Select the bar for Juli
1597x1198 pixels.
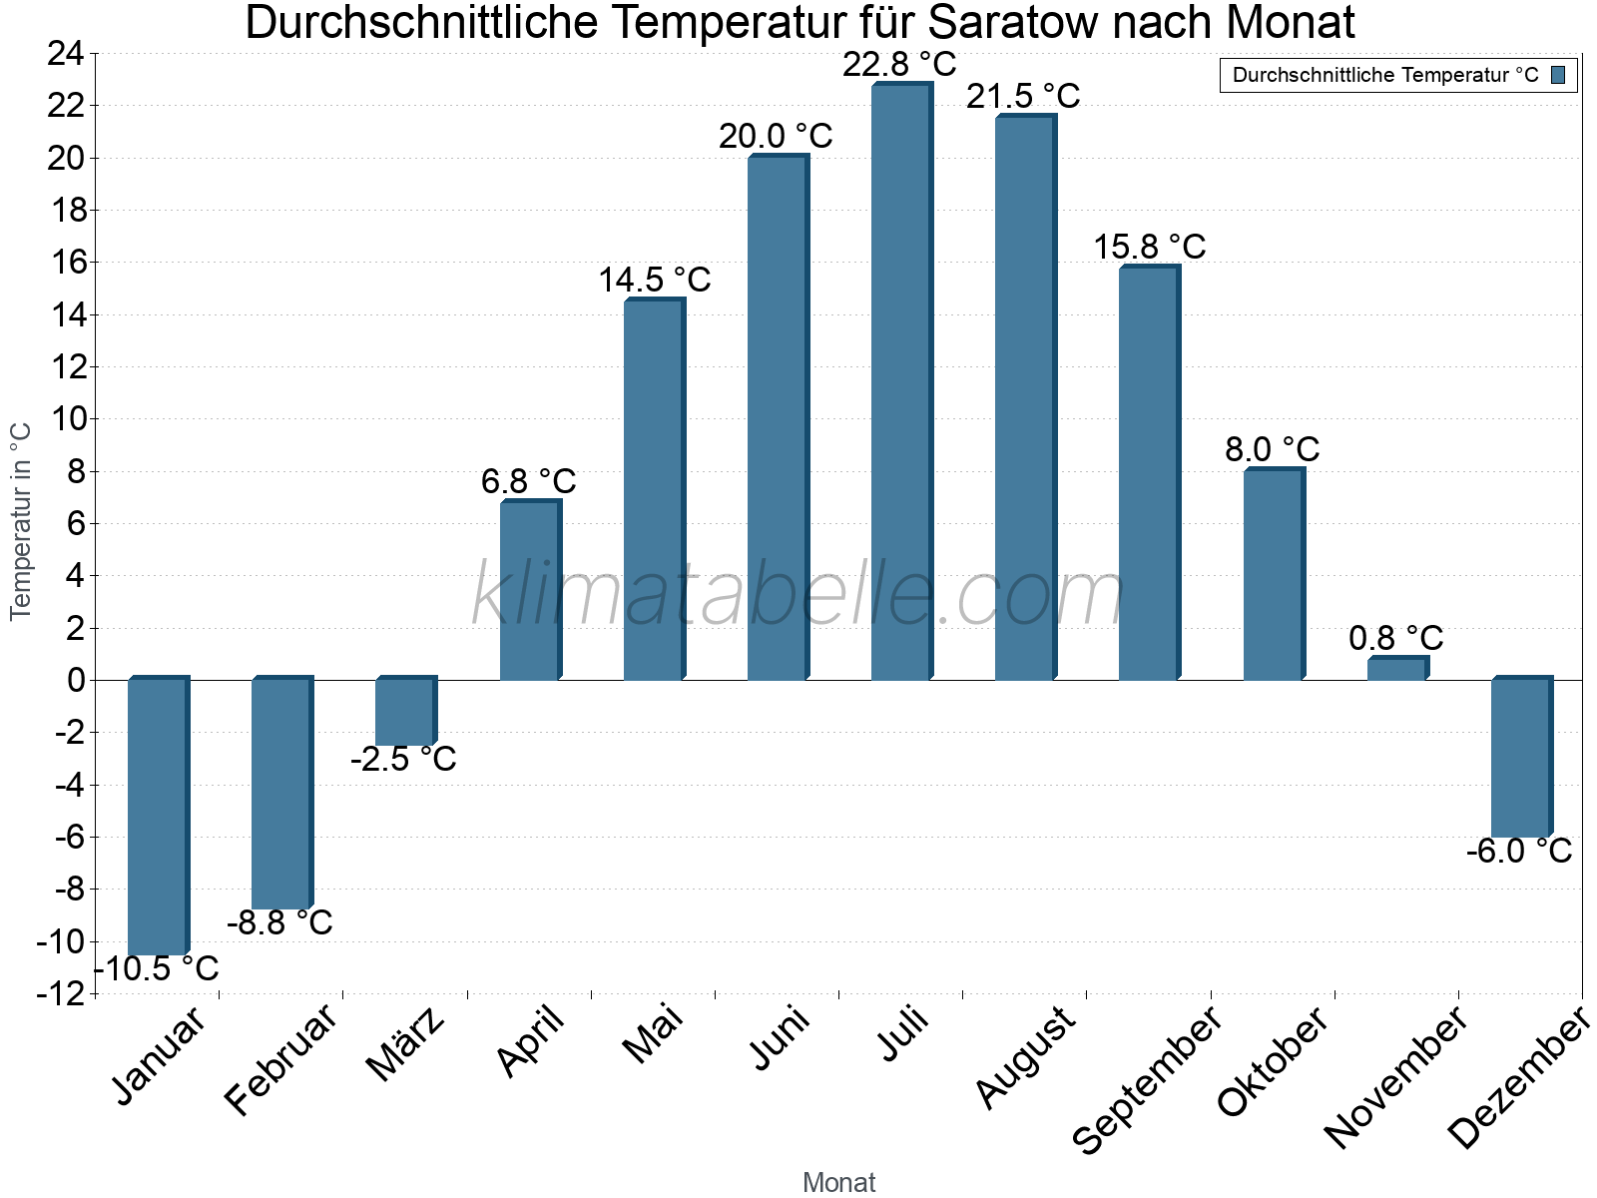tap(900, 381)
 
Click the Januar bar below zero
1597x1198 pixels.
tap(158, 817)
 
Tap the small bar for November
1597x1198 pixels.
tap(1396, 669)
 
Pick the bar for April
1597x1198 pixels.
tap(529, 590)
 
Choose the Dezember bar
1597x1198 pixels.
tap(1520, 758)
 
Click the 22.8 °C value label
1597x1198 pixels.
tap(899, 65)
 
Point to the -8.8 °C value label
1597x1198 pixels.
tap(279, 922)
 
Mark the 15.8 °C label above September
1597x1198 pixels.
tap(1149, 247)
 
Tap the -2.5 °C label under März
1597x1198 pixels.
tap(403, 760)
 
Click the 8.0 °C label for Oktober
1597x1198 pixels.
tap(1272, 449)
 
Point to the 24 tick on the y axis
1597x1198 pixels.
tap(66, 54)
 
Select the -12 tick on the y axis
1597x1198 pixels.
tap(60, 993)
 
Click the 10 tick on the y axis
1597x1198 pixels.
tap(66, 419)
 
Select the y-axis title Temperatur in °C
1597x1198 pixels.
tap(22, 521)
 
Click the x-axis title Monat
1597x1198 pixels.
tap(838, 1182)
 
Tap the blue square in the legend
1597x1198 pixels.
tap(1558, 75)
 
